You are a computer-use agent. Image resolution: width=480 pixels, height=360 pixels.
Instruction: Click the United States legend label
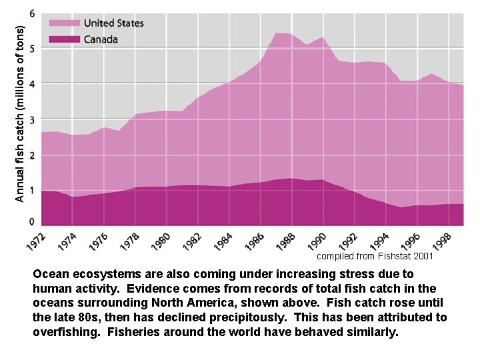(113, 23)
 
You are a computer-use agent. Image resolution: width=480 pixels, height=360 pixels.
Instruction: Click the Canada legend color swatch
(65, 39)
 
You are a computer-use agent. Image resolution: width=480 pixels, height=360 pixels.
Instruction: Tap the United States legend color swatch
(65, 23)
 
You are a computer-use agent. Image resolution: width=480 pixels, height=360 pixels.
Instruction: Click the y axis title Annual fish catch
(20, 113)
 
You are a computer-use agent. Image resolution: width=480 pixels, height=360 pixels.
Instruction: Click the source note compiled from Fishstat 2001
(375, 255)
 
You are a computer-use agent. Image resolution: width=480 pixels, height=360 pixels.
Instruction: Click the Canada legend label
(101, 39)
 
